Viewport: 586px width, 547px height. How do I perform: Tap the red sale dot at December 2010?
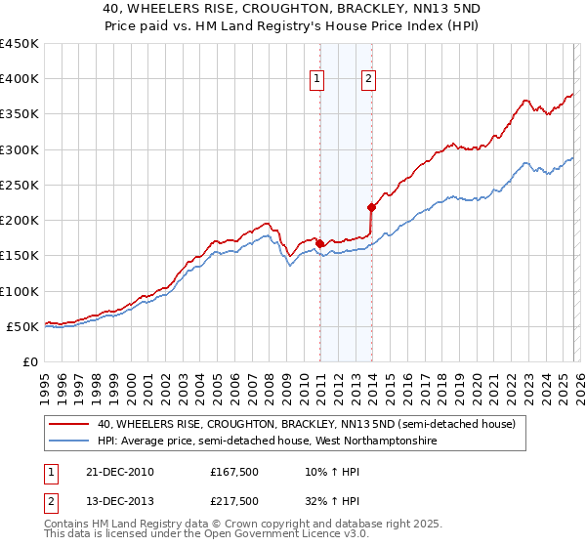(x=320, y=243)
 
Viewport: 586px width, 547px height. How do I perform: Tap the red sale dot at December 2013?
(x=371, y=207)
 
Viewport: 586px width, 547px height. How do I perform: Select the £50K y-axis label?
(x=22, y=326)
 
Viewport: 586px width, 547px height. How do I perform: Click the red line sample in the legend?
(x=69, y=424)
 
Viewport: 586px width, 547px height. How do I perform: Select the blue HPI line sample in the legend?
(x=69, y=442)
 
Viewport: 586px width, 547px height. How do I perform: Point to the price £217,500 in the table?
(x=234, y=501)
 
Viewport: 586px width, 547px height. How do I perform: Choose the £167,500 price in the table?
(x=234, y=472)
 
